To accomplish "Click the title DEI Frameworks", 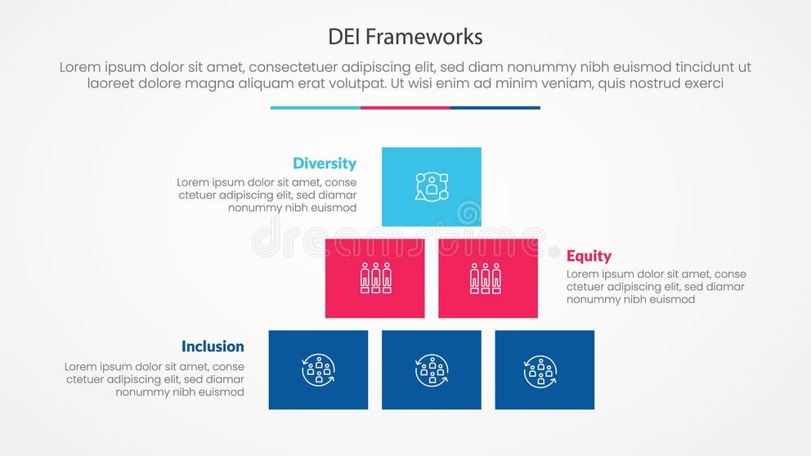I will [405, 37].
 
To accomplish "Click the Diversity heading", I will [325, 163].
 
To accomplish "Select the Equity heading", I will [589, 256].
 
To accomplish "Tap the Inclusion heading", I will [213, 346].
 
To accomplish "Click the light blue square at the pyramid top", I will [432, 186].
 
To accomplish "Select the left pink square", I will [375, 278].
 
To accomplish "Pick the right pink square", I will [488, 278].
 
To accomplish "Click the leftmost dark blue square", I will [318, 369].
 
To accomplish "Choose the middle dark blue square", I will [432, 369].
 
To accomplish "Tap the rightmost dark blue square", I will [544, 369].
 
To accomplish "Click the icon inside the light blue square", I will [432, 186].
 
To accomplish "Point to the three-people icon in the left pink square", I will [375, 278].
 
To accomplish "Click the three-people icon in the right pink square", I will [486, 278].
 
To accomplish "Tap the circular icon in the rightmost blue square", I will [540, 371].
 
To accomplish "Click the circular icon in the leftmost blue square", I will [318, 370].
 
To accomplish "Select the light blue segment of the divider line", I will [316, 107].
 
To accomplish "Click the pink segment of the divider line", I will [405, 107].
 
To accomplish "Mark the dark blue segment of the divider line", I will [495, 107].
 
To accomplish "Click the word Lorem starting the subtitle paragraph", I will [81, 68].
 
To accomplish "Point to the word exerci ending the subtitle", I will [701, 83].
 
